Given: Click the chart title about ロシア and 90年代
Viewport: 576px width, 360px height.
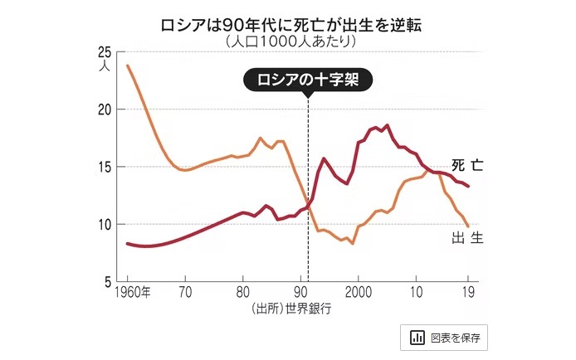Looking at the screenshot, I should pyautogui.click(x=288, y=26).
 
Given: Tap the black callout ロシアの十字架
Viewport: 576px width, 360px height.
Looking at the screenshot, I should pyautogui.click(x=308, y=80).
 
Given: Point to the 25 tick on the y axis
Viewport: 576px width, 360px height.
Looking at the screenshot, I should pyautogui.click(x=105, y=52).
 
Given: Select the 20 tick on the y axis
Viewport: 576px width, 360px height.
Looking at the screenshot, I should pyautogui.click(x=105, y=109).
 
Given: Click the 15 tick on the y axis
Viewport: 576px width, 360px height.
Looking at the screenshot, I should pyautogui.click(x=105, y=167).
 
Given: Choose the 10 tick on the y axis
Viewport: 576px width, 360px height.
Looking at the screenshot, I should pyautogui.click(x=105, y=224).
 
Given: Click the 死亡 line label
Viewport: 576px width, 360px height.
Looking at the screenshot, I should pyautogui.click(x=467, y=165).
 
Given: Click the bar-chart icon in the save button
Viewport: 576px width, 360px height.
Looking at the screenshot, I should pyautogui.click(x=417, y=338).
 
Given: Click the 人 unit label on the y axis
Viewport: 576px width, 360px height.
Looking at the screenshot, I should pyautogui.click(x=105, y=64).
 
